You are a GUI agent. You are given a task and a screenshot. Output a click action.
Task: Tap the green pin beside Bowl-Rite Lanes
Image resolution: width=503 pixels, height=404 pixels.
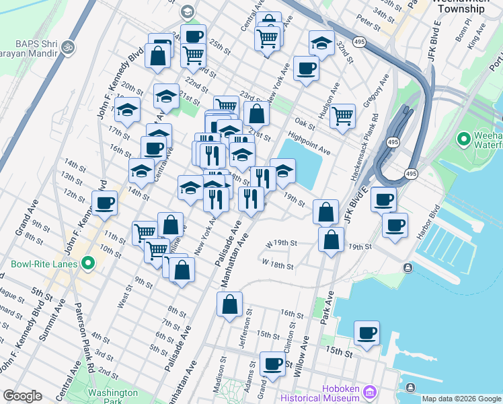(87, 265)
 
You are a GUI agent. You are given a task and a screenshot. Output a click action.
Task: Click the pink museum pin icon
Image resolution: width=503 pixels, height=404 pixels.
(369, 392)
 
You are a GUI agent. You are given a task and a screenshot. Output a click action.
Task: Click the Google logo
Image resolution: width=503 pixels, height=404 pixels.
(22, 396)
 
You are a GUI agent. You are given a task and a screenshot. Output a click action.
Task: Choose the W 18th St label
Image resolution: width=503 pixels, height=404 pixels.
(278, 264)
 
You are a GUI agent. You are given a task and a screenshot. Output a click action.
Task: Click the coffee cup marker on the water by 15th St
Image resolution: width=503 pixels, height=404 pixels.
(367, 333)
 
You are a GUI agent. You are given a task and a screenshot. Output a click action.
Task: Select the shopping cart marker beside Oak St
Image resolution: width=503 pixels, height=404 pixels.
(343, 115)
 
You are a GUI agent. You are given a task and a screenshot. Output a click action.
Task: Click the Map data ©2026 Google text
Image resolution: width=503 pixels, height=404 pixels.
(461, 399)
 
